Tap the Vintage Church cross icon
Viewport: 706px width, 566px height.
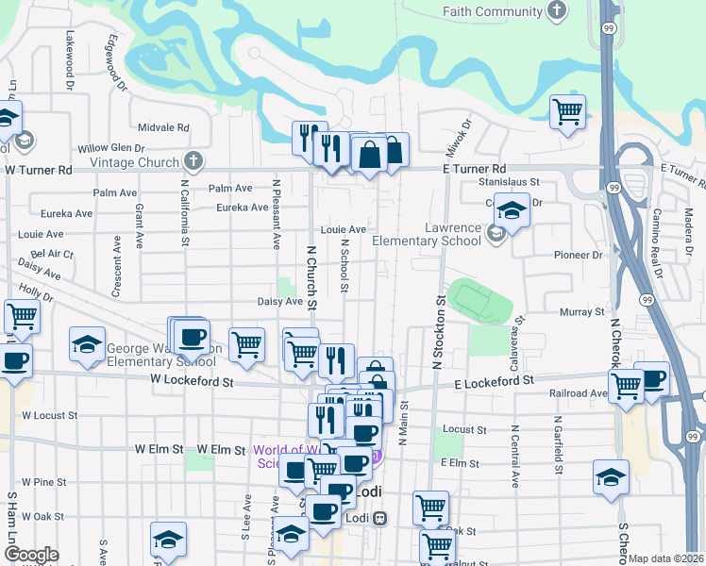click(x=194, y=160)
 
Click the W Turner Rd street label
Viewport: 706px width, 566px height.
click(x=39, y=171)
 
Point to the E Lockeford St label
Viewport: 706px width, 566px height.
click(x=495, y=382)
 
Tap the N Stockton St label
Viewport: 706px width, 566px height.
click(x=439, y=332)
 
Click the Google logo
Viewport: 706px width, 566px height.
click(x=31, y=555)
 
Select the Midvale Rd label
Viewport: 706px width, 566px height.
click(x=163, y=127)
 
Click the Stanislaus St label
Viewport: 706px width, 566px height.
click(x=508, y=181)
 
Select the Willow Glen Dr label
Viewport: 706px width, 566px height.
click(x=110, y=148)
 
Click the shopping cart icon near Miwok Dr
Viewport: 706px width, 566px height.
click(x=567, y=112)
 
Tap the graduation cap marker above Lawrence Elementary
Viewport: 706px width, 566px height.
click(x=512, y=210)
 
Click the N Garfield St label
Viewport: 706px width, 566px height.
click(x=559, y=443)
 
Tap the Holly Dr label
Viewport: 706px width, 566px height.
click(x=36, y=295)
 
